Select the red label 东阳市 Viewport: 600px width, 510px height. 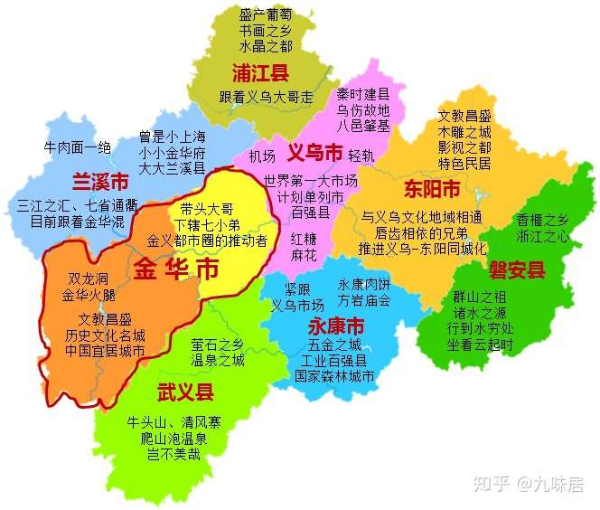432,190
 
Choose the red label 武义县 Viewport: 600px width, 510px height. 185,392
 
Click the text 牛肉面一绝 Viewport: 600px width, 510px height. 78,147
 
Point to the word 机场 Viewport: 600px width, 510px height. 262,155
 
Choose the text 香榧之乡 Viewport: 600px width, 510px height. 542,220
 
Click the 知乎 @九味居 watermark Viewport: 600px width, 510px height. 536,486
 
